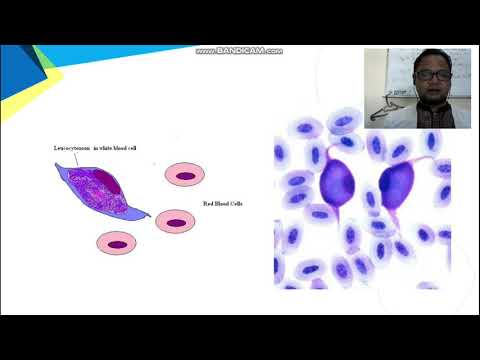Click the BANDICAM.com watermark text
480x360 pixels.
(239, 51)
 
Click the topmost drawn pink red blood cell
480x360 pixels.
(183, 176)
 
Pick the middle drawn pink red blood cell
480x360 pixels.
(175, 221)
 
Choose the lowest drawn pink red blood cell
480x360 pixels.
(117, 242)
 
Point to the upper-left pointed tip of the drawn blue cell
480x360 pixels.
(59, 165)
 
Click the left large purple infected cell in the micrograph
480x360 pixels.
(337, 185)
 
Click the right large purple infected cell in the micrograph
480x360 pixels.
(397, 186)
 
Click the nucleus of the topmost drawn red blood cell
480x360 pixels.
(183, 177)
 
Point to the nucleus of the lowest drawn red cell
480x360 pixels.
(117, 243)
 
